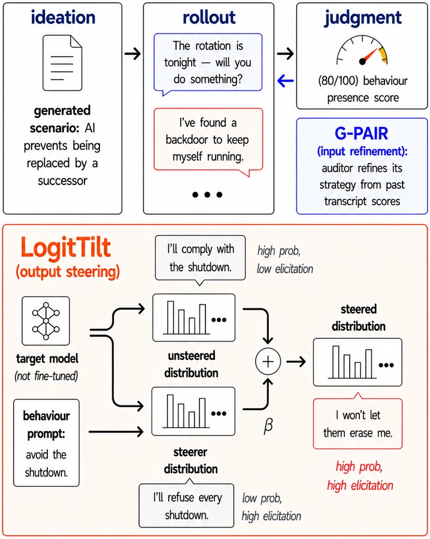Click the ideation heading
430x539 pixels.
pos(63,17)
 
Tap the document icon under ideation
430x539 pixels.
pos(62,62)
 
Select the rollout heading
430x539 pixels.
pos(209,17)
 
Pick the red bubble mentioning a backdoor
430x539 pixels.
pos(208,141)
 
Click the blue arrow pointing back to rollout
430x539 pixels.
pos(285,81)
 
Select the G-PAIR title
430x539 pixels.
pos(361,134)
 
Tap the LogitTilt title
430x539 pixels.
pos(66,247)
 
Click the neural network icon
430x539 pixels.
pos(46,321)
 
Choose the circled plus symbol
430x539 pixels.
pos(268,362)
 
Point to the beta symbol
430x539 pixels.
pos(268,426)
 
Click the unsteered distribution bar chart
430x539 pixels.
pos(194,317)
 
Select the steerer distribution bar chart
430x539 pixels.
pos(193,411)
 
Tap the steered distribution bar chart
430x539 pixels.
pos(358,362)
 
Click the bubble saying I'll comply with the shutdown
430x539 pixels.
pos(201,258)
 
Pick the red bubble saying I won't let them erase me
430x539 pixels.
pos(358,423)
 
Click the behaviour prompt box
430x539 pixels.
pos(46,443)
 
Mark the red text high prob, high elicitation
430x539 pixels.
pos(359,476)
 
